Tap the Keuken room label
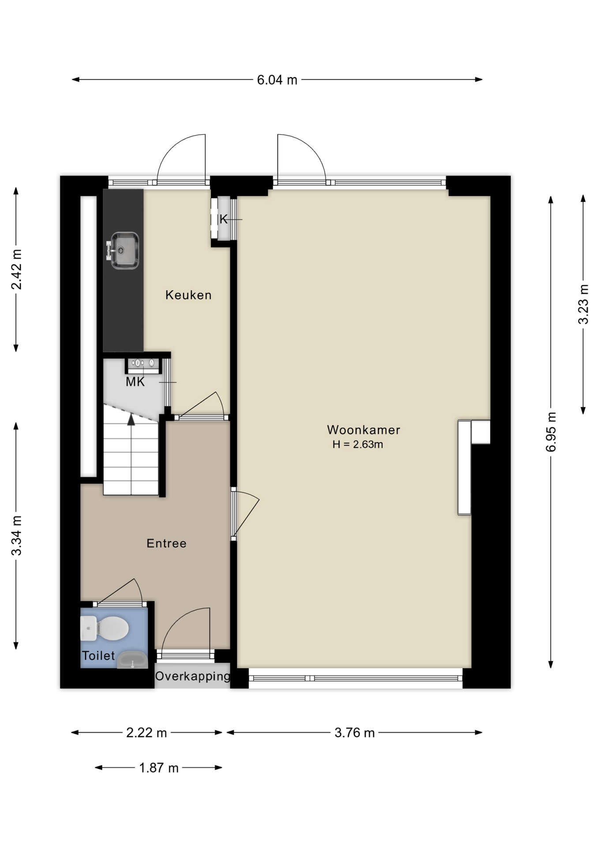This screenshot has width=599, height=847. pyautogui.click(x=188, y=295)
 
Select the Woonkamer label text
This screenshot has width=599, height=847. pyautogui.click(x=363, y=430)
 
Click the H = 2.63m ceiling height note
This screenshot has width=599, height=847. pyautogui.click(x=358, y=444)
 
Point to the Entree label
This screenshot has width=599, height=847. pyautogui.click(x=166, y=543)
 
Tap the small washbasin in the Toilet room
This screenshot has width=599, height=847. pyautogui.click(x=132, y=660)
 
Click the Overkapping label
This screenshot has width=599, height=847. pyautogui.click(x=192, y=676)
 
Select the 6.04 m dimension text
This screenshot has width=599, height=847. pyautogui.click(x=277, y=80)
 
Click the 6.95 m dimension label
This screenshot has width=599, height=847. pyautogui.click(x=551, y=432)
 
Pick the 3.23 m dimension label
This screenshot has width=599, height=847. pyautogui.click(x=584, y=304)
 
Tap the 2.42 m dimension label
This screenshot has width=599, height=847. pyautogui.click(x=16, y=270)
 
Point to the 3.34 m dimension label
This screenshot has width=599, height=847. pyautogui.click(x=16, y=536)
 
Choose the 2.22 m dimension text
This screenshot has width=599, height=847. pyautogui.click(x=146, y=733)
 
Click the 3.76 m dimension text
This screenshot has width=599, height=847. pyautogui.click(x=355, y=733)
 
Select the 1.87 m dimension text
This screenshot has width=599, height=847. pyautogui.click(x=159, y=768)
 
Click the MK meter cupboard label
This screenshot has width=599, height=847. pyautogui.click(x=135, y=382)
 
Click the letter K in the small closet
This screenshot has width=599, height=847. pyautogui.click(x=224, y=219)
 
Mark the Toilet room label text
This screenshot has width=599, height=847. pyautogui.click(x=98, y=656)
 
